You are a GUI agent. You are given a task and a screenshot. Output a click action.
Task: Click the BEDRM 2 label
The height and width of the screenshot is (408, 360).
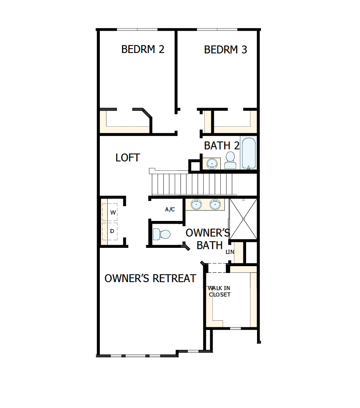[142, 49]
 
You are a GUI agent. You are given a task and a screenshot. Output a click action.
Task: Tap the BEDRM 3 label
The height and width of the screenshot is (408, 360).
[225, 49]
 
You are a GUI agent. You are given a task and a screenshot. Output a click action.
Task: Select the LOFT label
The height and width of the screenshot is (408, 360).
[128, 158]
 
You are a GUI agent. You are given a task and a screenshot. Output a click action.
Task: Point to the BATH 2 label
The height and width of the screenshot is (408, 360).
[222, 146]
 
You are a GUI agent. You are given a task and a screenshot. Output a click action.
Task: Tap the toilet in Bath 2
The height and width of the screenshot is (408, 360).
[230, 160]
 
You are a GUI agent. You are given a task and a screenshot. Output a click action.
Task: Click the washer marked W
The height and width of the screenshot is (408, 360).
[112, 212]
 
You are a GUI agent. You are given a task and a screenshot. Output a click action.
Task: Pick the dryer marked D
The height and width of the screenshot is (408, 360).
[112, 231]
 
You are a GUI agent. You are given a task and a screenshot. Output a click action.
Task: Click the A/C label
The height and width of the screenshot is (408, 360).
[170, 210]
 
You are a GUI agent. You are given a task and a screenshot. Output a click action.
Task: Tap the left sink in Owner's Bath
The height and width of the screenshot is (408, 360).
[196, 204]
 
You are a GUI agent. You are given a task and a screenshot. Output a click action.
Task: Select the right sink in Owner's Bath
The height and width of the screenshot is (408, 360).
[215, 204]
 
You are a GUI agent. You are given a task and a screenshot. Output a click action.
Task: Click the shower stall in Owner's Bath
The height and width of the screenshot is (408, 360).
[243, 219]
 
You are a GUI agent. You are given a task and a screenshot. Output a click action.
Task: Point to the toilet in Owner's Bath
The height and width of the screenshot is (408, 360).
[161, 234]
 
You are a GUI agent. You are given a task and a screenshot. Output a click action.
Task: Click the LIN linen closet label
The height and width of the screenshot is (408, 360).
[230, 252]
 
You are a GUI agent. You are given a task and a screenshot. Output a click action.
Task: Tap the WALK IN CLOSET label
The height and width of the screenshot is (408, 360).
[219, 291]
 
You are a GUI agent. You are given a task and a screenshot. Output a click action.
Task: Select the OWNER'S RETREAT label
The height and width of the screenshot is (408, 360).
[150, 278]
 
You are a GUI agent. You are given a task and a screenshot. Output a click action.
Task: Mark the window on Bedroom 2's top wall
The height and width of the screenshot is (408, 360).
[137, 29]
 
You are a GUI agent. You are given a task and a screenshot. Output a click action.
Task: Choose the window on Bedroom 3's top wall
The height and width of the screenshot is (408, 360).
[217, 29]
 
